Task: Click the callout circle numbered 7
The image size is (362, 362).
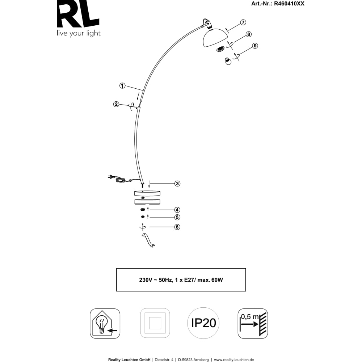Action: pyautogui.click(x=243, y=22)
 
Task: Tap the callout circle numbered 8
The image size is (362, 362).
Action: pyautogui.click(x=248, y=35)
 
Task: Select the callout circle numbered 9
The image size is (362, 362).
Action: pyautogui.click(x=255, y=46)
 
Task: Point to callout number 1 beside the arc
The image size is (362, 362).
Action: pyautogui.click(x=122, y=86)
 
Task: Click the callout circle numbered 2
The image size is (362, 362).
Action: pyautogui.click(x=116, y=104)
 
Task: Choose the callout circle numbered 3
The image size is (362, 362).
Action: pyautogui.click(x=177, y=184)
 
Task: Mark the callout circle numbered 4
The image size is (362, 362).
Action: pyautogui.click(x=177, y=210)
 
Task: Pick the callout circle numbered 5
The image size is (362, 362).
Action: pyautogui.click(x=177, y=217)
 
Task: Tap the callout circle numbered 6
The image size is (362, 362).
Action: pyautogui.click(x=177, y=227)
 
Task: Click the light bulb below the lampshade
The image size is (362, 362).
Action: pyautogui.click(x=228, y=61)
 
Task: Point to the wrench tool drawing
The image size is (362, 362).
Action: pyautogui.click(x=149, y=241)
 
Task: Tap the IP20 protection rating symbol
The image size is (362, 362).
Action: pyautogui.click(x=204, y=323)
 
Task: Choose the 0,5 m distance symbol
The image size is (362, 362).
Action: pyautogui.click(x=253, y=323)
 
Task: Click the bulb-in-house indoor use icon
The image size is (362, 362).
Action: pyautogui.click(x=105, y=323)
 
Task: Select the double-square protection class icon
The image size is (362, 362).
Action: pyautogui.click(x=155, y=323)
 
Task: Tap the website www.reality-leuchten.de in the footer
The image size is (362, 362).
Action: pyautogui.click(x=234, y=359)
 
